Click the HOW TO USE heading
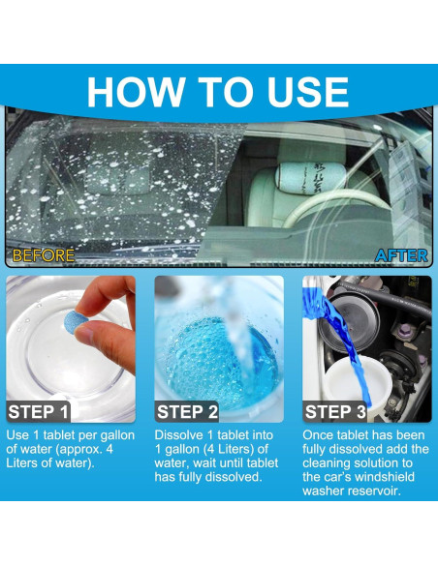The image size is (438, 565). click(x=218, y=92)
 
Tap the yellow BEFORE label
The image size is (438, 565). click(x=44, y=255)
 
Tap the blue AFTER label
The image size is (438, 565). click(x=401, y=255)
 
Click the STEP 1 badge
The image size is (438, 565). click(x=38, y=411)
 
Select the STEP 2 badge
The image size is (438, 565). click(x=187, y=411)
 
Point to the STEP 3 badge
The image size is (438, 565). click(x=335, y=411)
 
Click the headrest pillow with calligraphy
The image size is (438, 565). click(x=310, y=178)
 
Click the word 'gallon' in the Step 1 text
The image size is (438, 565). click(x=117, y=435)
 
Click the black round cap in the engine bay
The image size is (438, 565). click(x=349, y=317)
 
